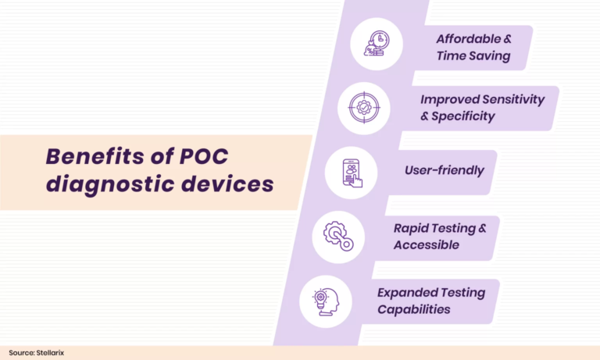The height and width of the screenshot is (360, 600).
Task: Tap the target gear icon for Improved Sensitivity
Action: click(364, 108)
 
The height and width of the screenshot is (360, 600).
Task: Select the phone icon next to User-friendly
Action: click(352, 172)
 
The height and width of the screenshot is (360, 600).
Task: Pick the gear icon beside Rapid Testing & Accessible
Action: click(339, 236)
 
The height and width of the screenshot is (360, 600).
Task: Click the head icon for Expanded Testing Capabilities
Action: click(326, 301)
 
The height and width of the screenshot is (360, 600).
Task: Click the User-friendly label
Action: click(444, 170)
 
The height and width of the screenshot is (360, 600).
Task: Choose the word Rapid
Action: click(411, 228)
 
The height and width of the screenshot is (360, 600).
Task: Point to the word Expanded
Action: click(407, 293)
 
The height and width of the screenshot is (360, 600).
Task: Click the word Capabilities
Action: click(413, 309)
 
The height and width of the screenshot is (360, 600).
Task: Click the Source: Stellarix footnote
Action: click(37, 353)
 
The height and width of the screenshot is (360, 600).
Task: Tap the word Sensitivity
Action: click(519, 100)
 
